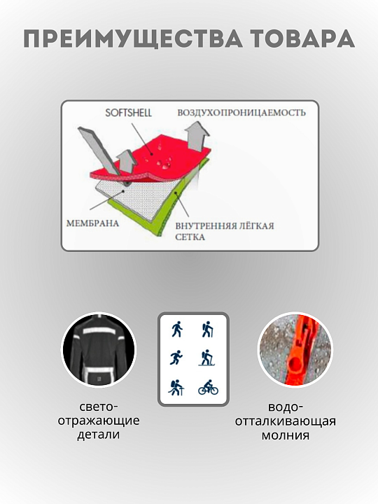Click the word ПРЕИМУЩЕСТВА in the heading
coord(132,38)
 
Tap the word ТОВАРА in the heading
coord(303,38)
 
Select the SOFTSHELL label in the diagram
coord(128,113)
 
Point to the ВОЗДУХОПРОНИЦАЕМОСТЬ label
coord(241,113)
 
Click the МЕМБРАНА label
coord(92,223)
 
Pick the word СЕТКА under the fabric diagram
coord(190,237)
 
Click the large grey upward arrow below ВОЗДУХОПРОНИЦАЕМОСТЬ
coord(197,138)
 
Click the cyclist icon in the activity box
coord(208,388)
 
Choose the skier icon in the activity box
coord(206,358)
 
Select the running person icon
coord(176,358)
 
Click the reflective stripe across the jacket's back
coord(99,331)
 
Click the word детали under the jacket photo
coord(99,435)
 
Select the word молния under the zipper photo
coord(286,435)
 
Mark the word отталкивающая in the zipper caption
coord(286,421)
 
